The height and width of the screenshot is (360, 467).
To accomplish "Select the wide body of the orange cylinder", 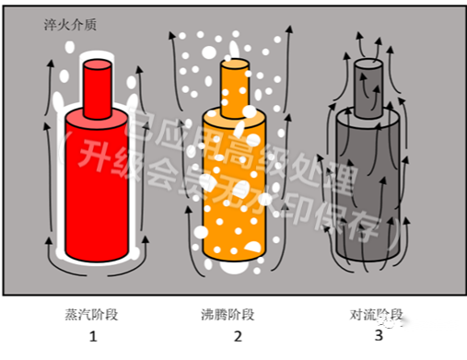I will pos(235,184).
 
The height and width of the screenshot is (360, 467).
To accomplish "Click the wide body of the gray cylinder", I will pos(369,184).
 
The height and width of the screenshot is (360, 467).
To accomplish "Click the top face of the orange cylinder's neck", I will pos(235,63).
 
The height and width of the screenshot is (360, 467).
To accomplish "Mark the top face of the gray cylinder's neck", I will pos(369,63).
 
